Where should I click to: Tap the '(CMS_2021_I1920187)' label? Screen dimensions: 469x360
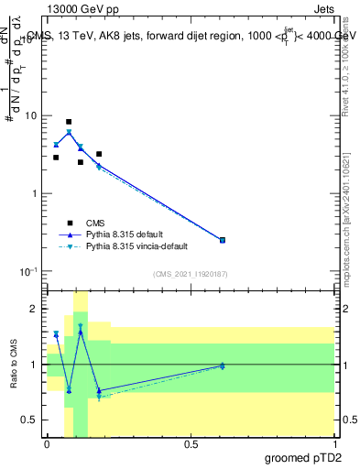[x=190, y=274]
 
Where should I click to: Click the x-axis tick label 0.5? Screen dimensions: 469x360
[x=191, y=442]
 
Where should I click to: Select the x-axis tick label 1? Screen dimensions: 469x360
[x=334, y=442]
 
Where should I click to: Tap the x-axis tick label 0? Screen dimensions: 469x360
[x=47, y=442]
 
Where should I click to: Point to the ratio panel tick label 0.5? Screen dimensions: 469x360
[x=28, y=420]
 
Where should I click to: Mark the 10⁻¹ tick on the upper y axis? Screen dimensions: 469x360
[x=27, y=272]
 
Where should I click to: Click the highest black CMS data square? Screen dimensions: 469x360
[x=69, y=122]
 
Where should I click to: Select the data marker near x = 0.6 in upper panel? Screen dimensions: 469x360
[x=223, y=240]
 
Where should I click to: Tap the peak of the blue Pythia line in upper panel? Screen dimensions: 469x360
[x=69, y=132]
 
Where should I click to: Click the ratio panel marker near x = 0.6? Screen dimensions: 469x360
[x=223, y=365]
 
